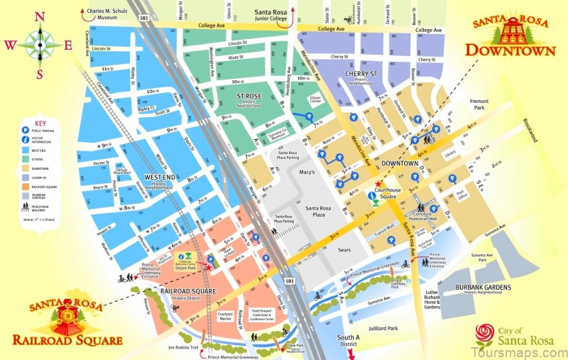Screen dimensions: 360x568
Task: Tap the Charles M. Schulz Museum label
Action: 109,15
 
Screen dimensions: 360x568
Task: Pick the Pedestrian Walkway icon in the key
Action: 26,207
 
